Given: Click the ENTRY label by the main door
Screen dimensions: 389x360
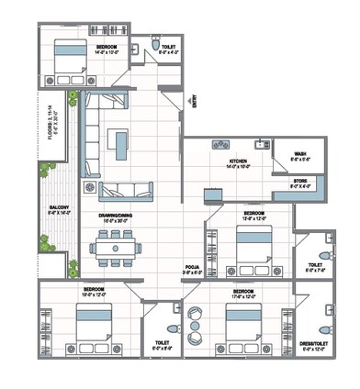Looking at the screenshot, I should coord(194,104).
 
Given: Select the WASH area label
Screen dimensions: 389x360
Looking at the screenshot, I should coord(300,154).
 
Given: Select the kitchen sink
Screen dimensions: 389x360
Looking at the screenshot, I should coord(263,143).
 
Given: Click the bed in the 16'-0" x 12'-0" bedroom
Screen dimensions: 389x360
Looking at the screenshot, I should coord(92,328).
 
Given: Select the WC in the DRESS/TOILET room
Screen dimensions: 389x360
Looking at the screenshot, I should coord(321,328).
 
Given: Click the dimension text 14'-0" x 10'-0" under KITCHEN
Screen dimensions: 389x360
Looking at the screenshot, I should coord(239,167).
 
